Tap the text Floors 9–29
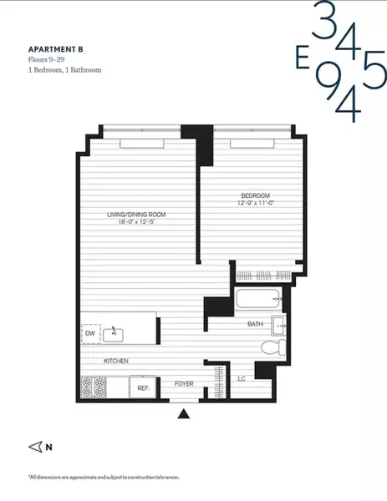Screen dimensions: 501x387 (46, 59)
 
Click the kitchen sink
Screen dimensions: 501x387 (114, 334)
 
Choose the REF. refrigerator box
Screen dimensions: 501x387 (143, 387)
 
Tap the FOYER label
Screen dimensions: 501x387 (184, 385)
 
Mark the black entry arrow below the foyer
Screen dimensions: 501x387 (185, 412)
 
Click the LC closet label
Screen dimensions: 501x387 (242, 378)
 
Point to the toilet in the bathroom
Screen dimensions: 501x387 (271, 347)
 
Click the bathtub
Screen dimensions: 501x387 (258, 298)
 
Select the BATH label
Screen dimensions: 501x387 (256, 323)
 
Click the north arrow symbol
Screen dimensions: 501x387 (34, 447)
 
